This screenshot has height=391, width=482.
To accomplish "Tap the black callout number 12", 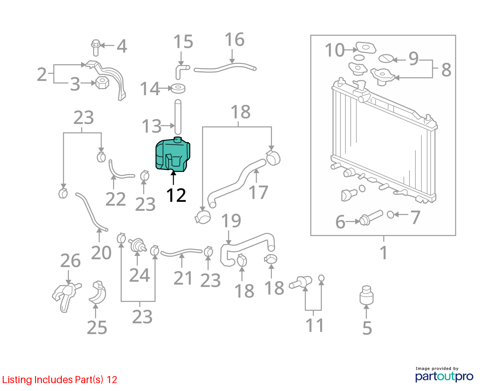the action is (176, 195).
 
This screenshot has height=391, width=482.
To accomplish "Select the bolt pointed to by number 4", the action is (96, 48).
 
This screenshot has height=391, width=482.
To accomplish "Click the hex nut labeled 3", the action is (102, 83).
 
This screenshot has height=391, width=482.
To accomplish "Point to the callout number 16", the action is (234, 39).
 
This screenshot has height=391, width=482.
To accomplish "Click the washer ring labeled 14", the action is (178, 89).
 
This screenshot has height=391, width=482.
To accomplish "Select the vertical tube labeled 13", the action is (178, 117).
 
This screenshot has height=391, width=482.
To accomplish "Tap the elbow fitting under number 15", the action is (182, 71).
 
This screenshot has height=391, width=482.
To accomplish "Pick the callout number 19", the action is (231, 220).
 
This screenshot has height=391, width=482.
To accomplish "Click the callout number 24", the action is (139, 275).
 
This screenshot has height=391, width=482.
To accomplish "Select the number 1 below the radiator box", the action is (384, 252).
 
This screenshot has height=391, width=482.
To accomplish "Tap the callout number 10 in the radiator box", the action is (335, 50).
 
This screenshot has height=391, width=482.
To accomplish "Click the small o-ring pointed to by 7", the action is (391, 214).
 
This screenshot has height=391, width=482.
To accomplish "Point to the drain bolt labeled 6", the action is (371, 218).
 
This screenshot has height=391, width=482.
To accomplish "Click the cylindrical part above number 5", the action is (366, 295).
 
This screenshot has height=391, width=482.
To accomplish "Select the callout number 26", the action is (70, 261).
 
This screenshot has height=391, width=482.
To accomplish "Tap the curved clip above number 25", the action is (98, 292).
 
